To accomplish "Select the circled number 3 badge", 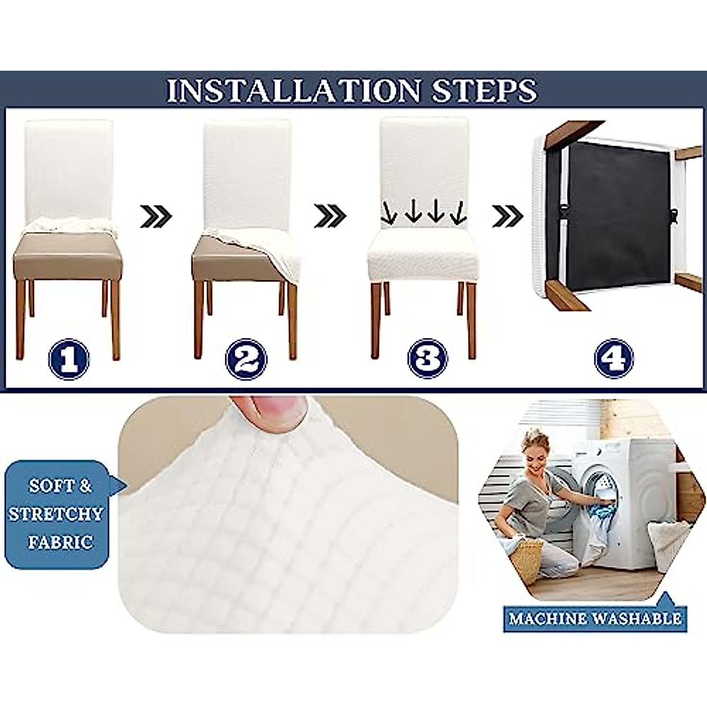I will (428, 358).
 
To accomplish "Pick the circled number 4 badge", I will (614, 358).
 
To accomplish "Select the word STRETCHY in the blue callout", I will (56, 514).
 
